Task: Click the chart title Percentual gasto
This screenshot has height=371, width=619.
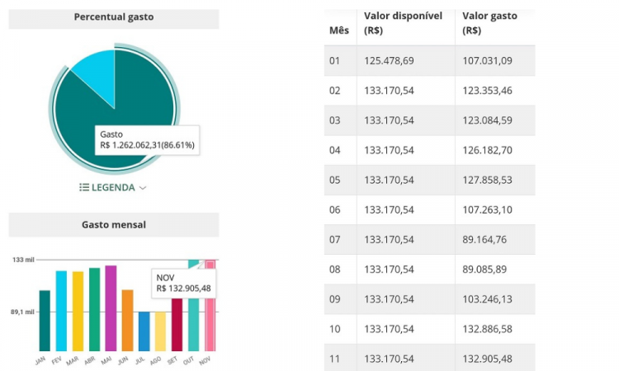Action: [114, 17]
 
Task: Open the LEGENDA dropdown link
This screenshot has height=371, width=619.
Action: [113, 187]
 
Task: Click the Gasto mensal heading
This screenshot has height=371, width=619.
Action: [114, 224]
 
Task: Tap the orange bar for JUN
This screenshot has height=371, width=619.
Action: [127, 320]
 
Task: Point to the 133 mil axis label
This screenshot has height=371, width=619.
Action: [22, 260]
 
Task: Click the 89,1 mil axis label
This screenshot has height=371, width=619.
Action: [22, 312]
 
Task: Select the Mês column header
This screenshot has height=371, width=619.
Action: [338, 29]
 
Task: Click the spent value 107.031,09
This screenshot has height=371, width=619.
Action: [487, 60]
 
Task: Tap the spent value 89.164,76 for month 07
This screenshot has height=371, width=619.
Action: [487, 239]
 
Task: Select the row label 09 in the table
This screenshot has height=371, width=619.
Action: [335, 298]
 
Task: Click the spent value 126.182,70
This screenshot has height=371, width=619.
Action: [487, 150]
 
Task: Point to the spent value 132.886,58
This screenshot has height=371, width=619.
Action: [487, 329]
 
